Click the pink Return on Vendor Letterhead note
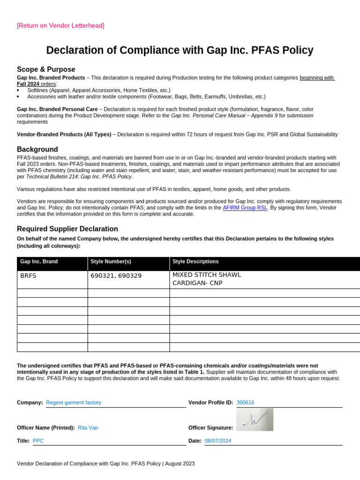click(60, 25)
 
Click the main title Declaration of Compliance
click(180, 51)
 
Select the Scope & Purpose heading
click(46, 69)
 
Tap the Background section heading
click(37, 149)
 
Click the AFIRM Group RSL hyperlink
click(245, 207)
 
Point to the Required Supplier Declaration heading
click(67, 229)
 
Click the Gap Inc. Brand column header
click(39, 262)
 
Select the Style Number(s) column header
click(111, 262)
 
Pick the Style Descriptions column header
click(195, 262)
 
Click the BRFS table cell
click(28, 276)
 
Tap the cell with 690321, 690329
click(116, 276)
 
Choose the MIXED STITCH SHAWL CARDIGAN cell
click(207, 279)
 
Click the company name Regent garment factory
click(74, 402)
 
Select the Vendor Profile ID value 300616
click(246, 402)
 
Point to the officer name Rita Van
click(88, 427)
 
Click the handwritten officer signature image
click(255, 420)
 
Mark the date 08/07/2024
click(218, 441)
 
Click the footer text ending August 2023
click(105, 464)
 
